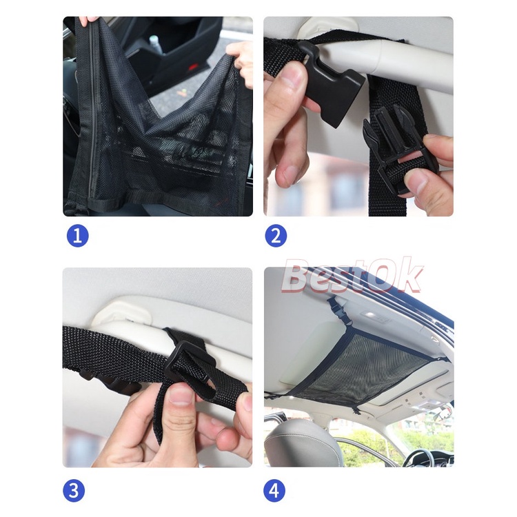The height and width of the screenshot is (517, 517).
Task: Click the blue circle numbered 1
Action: (x=77, y=236)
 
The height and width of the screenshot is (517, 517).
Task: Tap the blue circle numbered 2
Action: (x=276, y=236)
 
